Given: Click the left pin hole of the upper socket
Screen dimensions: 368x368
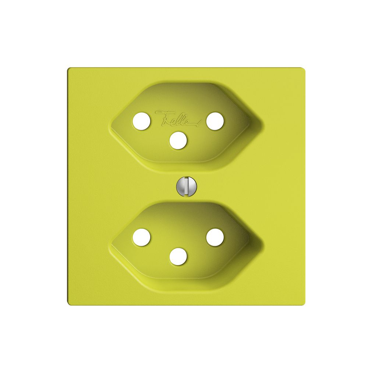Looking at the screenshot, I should click(x=141, y=121).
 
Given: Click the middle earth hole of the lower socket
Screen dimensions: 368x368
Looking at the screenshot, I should click(x=178, y=256).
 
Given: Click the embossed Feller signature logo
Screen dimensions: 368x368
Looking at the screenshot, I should click(x=178, y=117).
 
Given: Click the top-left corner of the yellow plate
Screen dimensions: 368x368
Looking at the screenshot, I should click(x=68, y=68).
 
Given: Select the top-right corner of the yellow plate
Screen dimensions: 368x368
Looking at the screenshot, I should click(x=304, y=68).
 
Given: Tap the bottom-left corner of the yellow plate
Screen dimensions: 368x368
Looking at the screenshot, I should click(x=68, y=304).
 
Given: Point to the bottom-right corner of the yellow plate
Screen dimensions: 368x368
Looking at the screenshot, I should click(x=304, y=304).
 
